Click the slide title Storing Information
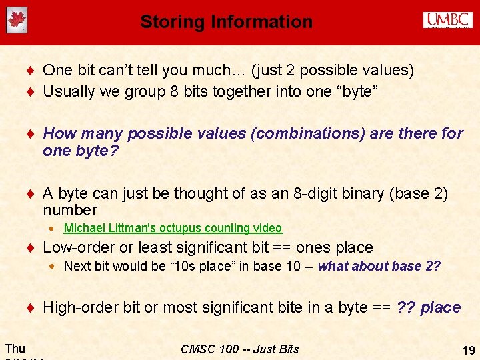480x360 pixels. coord(226,22)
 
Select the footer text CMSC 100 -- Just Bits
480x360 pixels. coord(240,349)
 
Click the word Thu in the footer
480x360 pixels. coord(15,348)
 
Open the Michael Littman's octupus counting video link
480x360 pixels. coord(173,228)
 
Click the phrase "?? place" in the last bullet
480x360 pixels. coord(429,307)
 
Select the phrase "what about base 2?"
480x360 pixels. coord(379,267)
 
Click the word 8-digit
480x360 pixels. coord(317,194)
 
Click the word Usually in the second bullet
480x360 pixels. coord(67,91)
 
